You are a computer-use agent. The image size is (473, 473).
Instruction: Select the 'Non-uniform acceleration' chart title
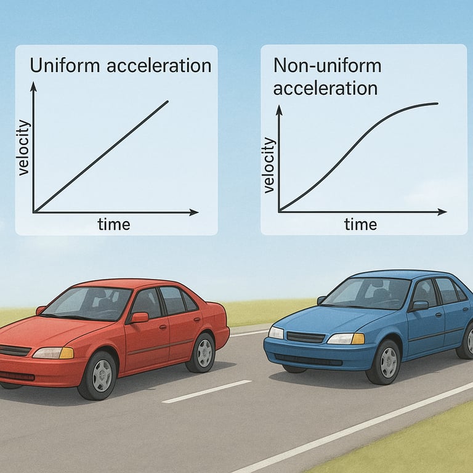[326, 76]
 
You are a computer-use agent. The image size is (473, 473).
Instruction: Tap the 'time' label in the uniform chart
[114, 224]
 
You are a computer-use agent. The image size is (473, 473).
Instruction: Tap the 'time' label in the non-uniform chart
[360, 224]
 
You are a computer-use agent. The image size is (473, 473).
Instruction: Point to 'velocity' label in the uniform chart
[24, 148]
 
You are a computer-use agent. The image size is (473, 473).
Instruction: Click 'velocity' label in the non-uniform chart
[269, 165]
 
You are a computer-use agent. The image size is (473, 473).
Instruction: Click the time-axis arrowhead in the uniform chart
[194, 212]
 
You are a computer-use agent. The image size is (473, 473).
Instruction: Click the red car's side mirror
[139, 318]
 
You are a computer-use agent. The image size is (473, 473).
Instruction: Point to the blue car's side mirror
[419, 305]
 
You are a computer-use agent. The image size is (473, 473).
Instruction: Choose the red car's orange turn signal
[67, 353]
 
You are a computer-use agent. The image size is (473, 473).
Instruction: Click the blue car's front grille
[305, 338]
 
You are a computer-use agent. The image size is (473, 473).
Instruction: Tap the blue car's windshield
[366, 293]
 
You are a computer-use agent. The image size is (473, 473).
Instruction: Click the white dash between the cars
[207, 392]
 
